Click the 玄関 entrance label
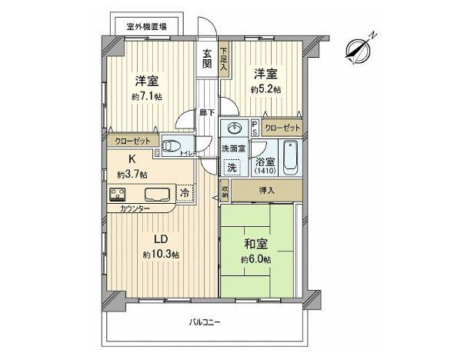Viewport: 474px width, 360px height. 207,59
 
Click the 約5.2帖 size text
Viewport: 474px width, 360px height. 265,89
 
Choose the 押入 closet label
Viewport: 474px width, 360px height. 264,190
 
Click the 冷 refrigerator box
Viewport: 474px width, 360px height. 185,193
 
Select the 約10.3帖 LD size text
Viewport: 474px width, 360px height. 161,255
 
